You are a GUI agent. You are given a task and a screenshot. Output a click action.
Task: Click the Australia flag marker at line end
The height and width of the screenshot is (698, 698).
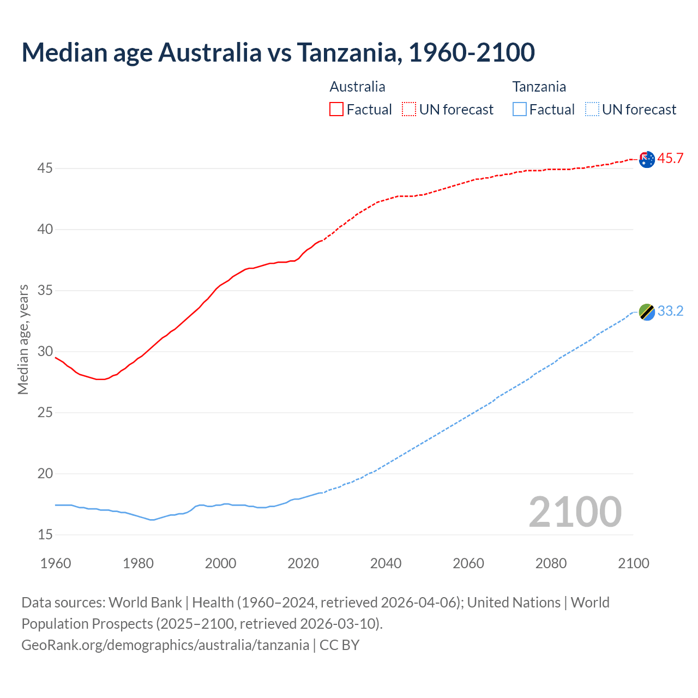pyautogui.click(x=647, y=160)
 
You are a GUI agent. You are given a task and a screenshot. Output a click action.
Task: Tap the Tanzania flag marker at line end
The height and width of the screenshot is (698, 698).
pyautogui.click(x=647, y=312)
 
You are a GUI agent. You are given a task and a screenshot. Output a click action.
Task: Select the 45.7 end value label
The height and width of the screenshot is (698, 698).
pyautogui.click(x=670, y=159)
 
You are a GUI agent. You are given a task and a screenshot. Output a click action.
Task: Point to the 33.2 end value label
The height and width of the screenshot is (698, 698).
pyautogui.click(x=670, y=311)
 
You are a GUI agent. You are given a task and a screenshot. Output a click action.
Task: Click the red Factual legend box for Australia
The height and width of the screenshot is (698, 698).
pyautogui.click(x=336, y=109)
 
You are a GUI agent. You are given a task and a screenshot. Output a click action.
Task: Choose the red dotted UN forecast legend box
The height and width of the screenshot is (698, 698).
pyautogui.click(x=409, y=109)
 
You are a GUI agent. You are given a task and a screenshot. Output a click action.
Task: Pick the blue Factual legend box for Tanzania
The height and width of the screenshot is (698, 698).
pyautogui.click(x=519, y=109)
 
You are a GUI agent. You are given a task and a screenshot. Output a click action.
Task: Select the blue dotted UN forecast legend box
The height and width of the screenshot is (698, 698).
pyautogui.click(x=592, y=109)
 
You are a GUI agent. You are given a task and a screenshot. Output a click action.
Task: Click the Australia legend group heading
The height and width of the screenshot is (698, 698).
pyautogui.click(x=357, y=87)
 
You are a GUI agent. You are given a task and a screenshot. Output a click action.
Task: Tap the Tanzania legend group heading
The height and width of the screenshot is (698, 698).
pyautogui.click(x=539, y=87)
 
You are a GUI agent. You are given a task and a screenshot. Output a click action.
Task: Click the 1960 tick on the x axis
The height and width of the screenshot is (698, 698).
pyautogui.click(x=56, y=563)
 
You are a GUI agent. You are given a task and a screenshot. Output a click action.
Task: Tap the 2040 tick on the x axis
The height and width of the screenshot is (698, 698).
pyautogui.click(x=386, y=563)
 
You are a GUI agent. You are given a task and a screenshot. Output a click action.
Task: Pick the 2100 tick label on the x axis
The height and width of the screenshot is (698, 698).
pyautogui.click(x=633, y=563)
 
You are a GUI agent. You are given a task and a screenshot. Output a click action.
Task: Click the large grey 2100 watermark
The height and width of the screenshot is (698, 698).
pyautogui.click(x=575, y=512)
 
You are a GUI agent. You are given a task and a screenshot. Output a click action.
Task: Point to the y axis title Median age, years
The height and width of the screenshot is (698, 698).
pyautogui.click(x=23, y=339)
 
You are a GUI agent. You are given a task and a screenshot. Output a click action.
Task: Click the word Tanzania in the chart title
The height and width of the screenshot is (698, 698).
pyautogui.click(x=348, y=52)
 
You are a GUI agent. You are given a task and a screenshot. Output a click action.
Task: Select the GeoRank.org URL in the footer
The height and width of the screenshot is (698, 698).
pyautogui.click(x=165, y=645)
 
